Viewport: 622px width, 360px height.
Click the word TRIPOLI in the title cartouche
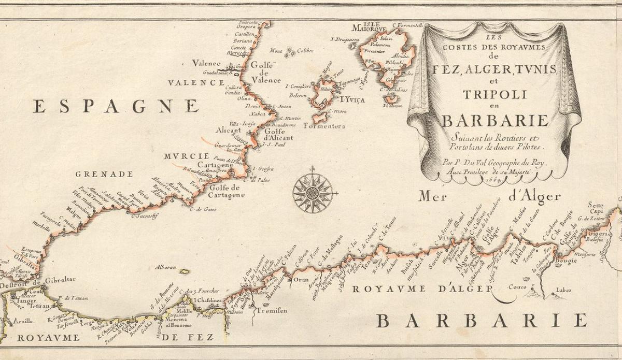494,95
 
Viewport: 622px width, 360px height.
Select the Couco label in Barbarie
518,286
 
